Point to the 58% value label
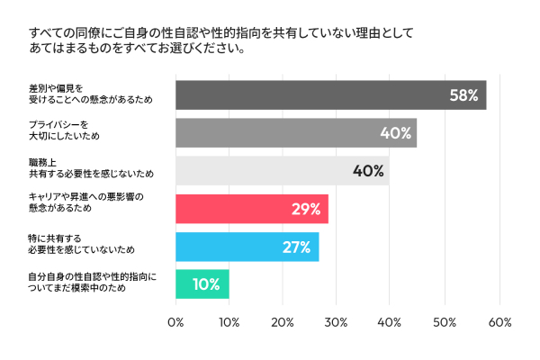tap(463, 94)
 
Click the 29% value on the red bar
tap(306, 209)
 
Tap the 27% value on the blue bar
tap(296, 247)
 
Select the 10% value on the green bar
tap(206, 284)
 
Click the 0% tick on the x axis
tap(175, 322)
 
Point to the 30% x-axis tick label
tap(337, 322)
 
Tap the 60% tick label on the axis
tap(499, 322)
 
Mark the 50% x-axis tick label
tap(445, 322)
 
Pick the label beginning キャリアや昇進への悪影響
tap(85, 202)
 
